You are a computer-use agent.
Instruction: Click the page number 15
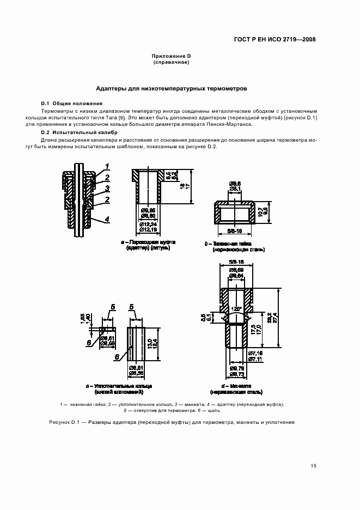point(313,466)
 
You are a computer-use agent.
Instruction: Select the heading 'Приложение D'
point(171,56)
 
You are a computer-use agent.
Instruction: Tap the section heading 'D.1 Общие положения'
point(71,104)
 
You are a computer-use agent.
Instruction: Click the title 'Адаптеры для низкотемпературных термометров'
point(172,87)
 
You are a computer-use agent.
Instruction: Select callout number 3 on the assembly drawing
point(108,188)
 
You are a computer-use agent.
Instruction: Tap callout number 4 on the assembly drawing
point(108,219)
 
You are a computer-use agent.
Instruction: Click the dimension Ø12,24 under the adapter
point(149,224)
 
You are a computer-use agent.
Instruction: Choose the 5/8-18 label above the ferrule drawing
point(236,263)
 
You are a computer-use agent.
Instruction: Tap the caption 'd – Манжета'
point(236,386)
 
